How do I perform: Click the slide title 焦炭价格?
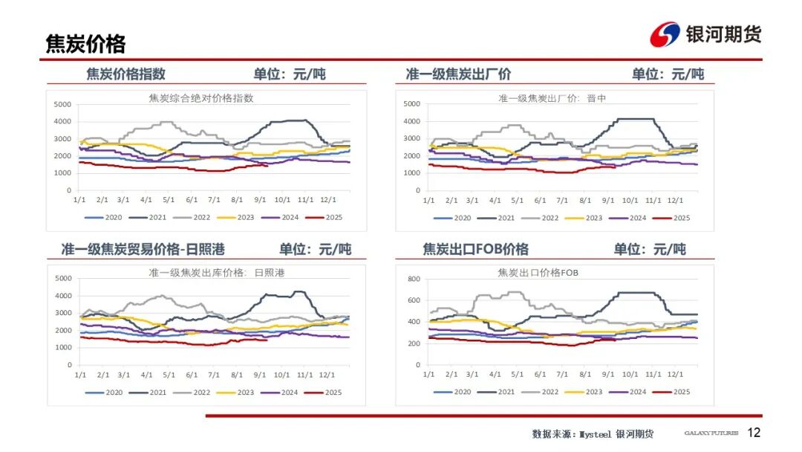coord(85,44)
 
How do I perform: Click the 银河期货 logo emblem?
coord(664,34)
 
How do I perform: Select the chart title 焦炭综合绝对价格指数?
coord(200,98)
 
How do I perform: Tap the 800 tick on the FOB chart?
coord(414,279)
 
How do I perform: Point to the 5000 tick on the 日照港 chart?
coord(63,278)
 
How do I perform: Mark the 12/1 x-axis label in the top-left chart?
coord(327,200)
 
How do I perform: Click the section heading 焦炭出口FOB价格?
coord(475,249)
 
